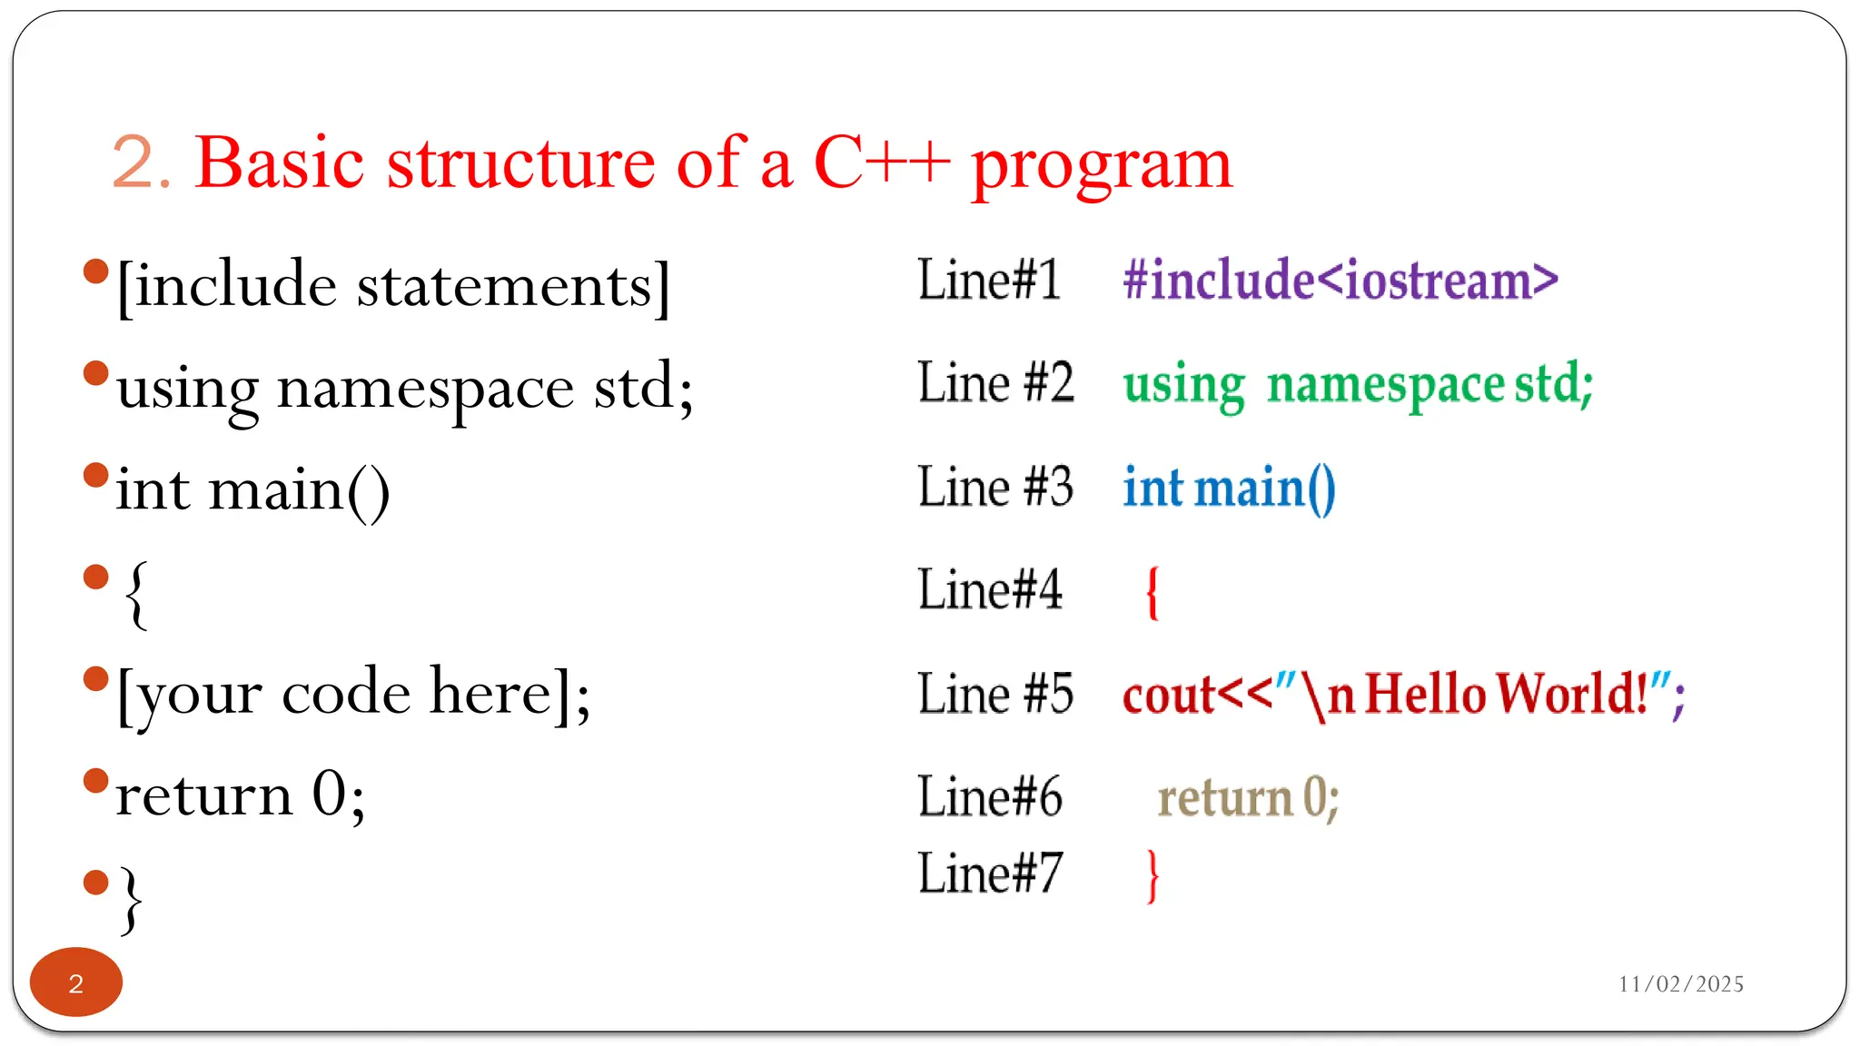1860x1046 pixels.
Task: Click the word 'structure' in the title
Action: (x=520, y=163)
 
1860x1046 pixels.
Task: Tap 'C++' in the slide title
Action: (x=881, y=163)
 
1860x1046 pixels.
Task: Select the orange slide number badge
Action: (x=76, y=982)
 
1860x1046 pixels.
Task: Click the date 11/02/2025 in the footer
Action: (x=1680, y=984)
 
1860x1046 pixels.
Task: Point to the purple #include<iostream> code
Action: (x=1340, y=280)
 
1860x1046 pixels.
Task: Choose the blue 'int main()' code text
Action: (x=1229, y=488)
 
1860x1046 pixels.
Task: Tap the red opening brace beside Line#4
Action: (x=1153, y=592)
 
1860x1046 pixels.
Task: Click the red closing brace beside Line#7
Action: (x=1153, y=875)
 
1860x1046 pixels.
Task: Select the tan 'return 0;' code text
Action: (x=1248, y=799)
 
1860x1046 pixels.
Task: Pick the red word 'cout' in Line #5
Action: (x=1168, y=696)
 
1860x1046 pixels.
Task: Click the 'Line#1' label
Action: (x=989, y=280)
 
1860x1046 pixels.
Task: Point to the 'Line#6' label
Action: (x=989, y=797)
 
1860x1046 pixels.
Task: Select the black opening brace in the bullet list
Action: (x=135, y=594)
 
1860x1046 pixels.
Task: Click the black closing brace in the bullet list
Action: (x=132, y=899)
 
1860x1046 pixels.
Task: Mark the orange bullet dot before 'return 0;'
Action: (x=95, y=781)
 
